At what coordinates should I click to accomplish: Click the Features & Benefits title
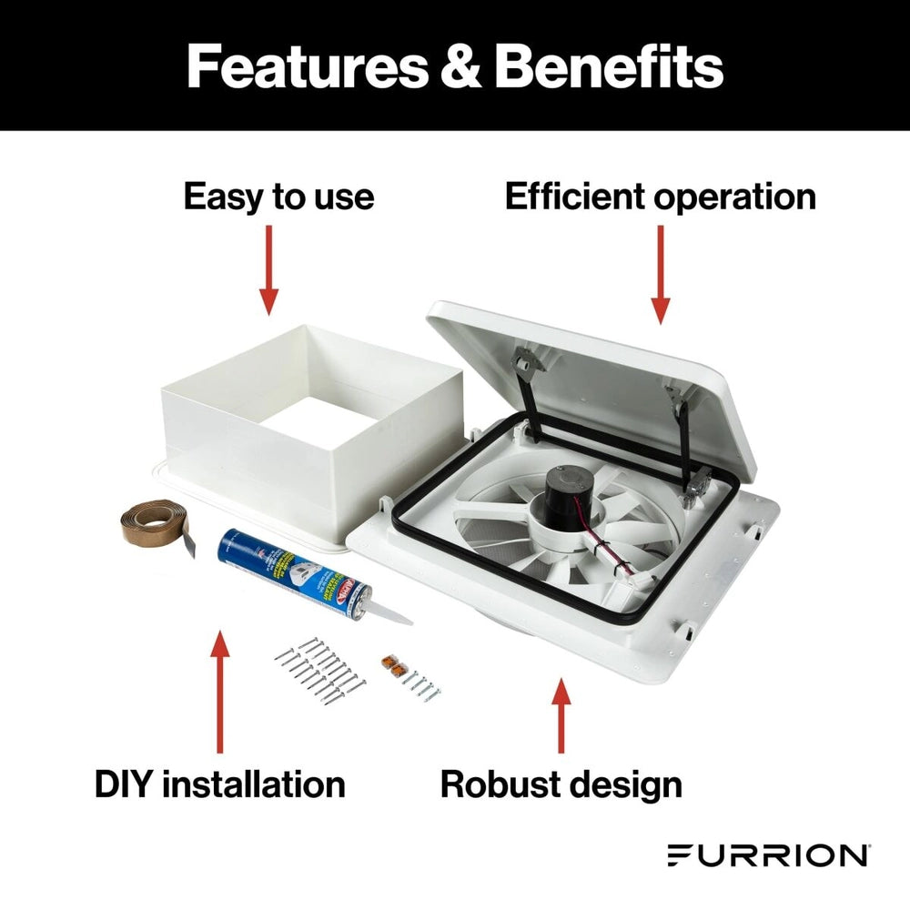[x=455, y=66]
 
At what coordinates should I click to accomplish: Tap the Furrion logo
[x=767, y=855]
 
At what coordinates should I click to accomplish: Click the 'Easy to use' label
[x=278, y=197]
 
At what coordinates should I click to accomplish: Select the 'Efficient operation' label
[x=660, y=197]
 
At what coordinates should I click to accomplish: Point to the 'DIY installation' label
[x=219, y=784]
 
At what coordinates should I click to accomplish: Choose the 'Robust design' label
[x=561, y=784]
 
